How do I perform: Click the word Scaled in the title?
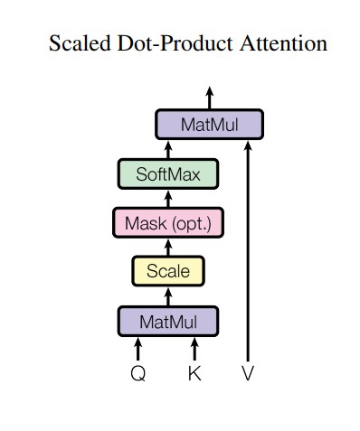click(76, 43)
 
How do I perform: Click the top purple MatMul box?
click(209, 125)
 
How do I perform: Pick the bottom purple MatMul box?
click(168, 321)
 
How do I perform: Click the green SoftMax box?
click(168, 173)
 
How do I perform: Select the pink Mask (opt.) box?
click(168, 222)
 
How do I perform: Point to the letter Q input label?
click(138, 373)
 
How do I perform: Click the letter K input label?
click(194, 373)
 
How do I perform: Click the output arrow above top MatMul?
click(209, 97)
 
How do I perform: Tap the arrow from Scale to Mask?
click(168, 247)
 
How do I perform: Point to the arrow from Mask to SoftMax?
click(168, 198)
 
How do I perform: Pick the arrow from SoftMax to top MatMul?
click(168, 149)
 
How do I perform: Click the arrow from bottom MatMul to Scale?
click(168, 296)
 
